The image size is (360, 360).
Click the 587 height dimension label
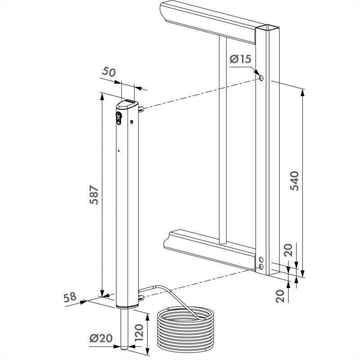(94, 194)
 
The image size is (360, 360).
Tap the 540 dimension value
(294, 181)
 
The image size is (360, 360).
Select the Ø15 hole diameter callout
(240, 59)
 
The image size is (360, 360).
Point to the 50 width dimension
(108, 72)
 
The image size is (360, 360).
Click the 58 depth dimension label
(70, 297)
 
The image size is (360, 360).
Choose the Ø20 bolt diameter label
(101, 338)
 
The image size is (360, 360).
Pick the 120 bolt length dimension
(139, 333)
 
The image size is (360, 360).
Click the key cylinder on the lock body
(118, 118)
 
